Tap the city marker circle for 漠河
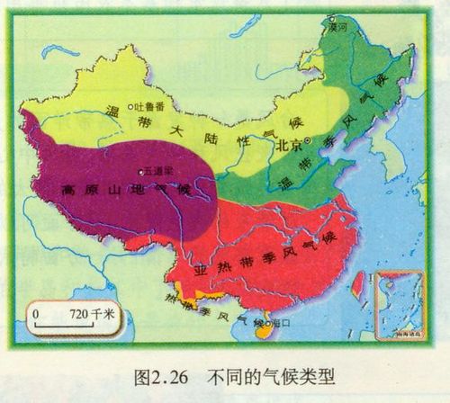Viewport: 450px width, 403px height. (332, 18)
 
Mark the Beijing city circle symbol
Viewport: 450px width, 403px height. (308, 142)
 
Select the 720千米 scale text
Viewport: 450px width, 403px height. (93, 314)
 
